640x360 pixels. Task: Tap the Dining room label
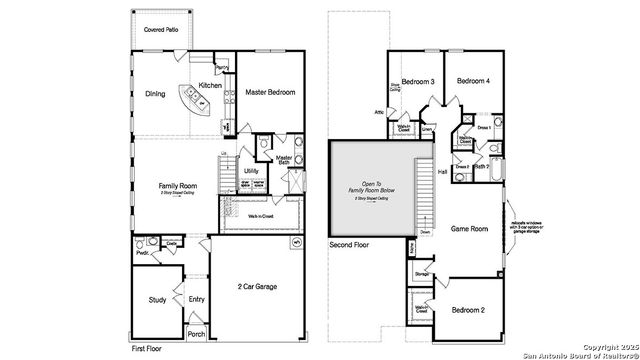click(x=155, y=96)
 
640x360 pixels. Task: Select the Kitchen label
click(x=210, y=85)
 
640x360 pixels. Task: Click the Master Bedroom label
click(x=269, y=92)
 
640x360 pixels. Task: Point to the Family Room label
click(x=175, y=185)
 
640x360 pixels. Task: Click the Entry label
click(x=197, y=298)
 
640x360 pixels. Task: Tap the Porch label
click(x=197, y=334)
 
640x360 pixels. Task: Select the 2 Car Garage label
click(x=258, y=287)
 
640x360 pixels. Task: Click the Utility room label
click(x=251, y=171)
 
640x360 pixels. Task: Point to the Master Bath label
click(x=284, y=160)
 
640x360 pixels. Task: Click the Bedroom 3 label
click(x=418, y=81)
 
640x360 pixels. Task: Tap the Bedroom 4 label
click(x=473, y=81)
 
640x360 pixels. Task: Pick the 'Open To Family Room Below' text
click(x=372, y=188)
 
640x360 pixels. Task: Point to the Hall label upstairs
click(x=442, y=172)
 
